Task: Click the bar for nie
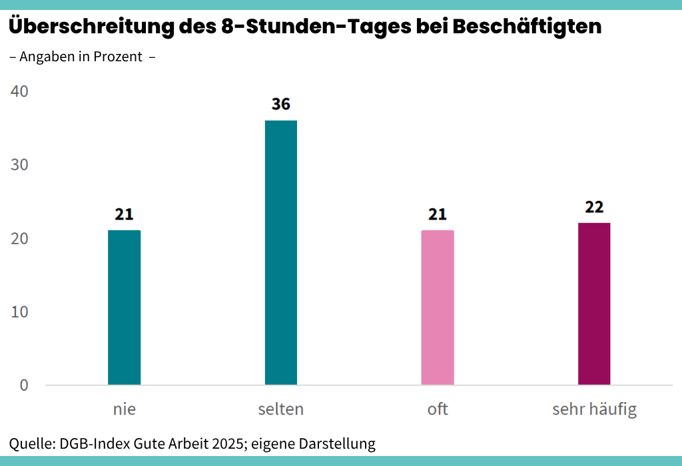(x=124, y=308)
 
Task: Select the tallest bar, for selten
(x=281, y=253)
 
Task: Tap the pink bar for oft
(x=438, y=308)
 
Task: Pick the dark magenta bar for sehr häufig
(x=594, y=304)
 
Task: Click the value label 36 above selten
(x=281, y=105)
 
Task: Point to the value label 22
(x=594, y=207)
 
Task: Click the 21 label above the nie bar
(x=124, y=214)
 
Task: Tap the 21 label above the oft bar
(x=438, y=214)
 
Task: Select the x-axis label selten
(x=281, y=409)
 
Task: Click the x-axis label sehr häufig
(x=594, y=409)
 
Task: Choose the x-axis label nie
(x=124, y=409)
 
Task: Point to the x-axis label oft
(x=438, y=409)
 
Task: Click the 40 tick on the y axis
(x=20, y=91)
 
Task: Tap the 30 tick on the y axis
(x=20, y=165)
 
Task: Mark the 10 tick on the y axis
(x=20, y=312)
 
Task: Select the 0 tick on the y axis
(x=24, y=385)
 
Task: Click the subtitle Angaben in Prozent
(x=81, y=57)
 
